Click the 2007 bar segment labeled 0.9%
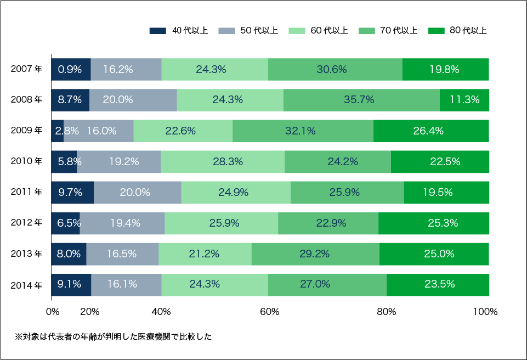tap(71, 69)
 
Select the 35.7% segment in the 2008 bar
tap(361, 100)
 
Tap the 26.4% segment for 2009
tap(430, 131)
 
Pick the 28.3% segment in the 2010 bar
tap(223, 161)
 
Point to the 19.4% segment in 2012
tap(122, 223)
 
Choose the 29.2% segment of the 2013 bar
tap(315, 254)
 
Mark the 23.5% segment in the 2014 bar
tap(437, 284)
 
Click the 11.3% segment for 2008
tap(464, 100)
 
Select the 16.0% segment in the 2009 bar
tap(99, 131)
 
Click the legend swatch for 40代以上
tap(157, 31)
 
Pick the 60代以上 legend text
tap(329, 31)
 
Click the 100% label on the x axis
tap(485, 312)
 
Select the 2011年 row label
tap(26, 192)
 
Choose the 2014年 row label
tap(26, 285)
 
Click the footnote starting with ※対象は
tap(113, 336)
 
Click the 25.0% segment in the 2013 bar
tap(434, 254)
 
